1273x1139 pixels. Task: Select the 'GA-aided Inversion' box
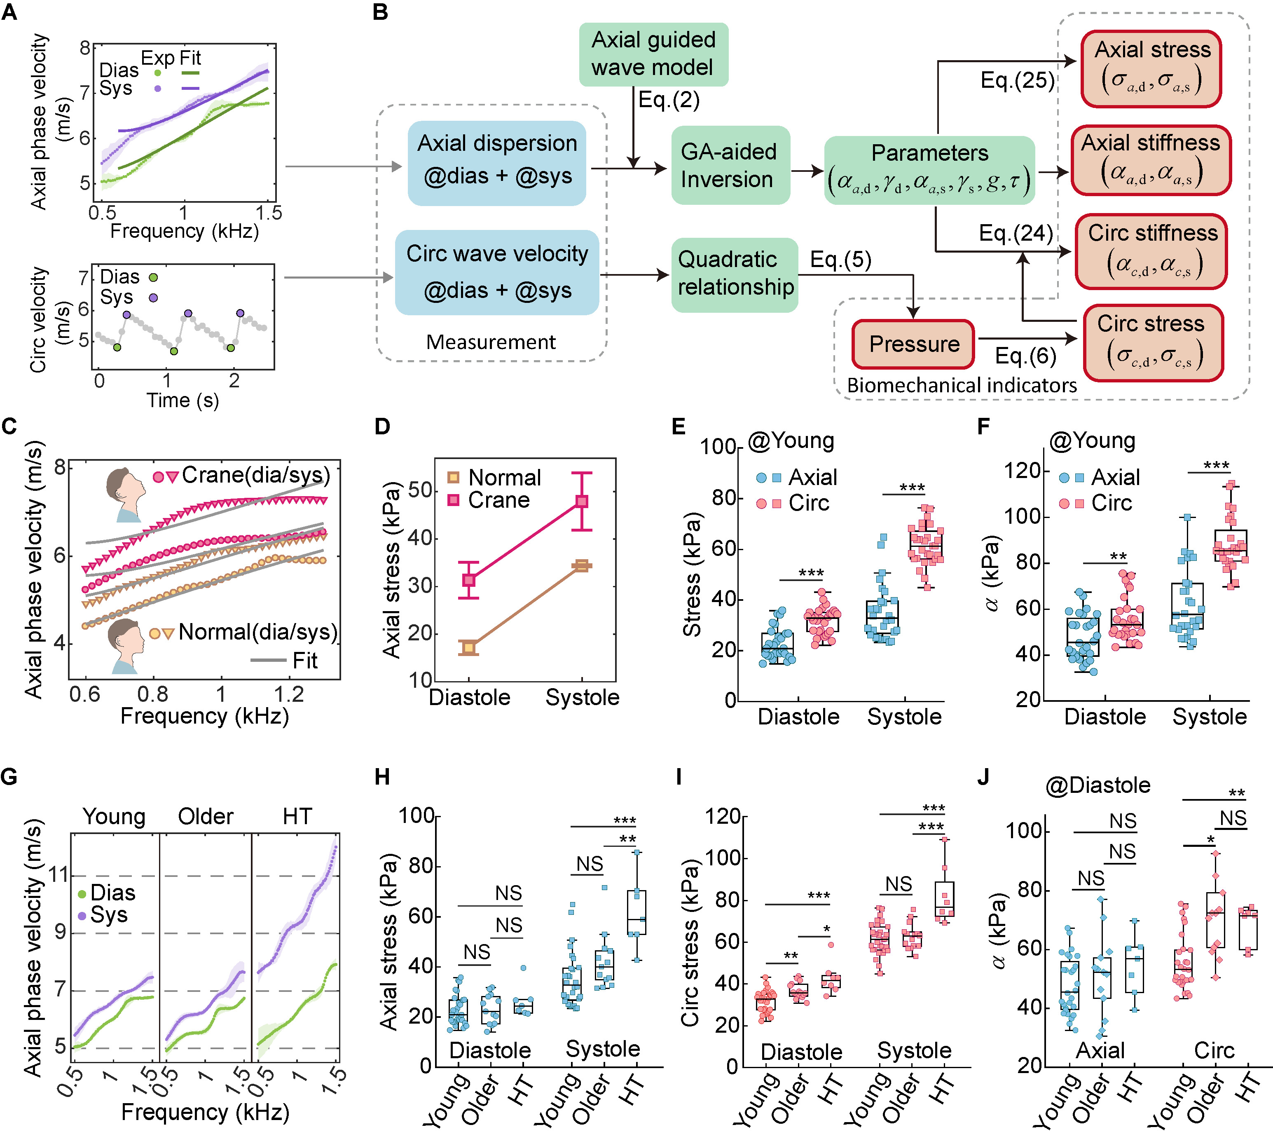[730, 165]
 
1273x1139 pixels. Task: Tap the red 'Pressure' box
[913, 344]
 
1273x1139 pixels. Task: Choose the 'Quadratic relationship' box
[735, 274]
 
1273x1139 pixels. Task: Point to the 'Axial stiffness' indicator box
[1151, 160]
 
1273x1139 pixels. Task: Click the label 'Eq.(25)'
[1017, 80]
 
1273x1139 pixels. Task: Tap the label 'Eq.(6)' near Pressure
[1025, 356]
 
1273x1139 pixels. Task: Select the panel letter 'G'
[10, 777]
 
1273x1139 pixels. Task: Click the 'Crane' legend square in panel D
[454, 500]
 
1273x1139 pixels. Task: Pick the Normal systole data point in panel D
[582, 566]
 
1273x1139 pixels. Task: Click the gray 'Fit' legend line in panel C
[268, 660]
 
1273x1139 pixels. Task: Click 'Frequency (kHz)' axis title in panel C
[205, 716]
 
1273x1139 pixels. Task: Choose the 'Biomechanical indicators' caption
[962, 385]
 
